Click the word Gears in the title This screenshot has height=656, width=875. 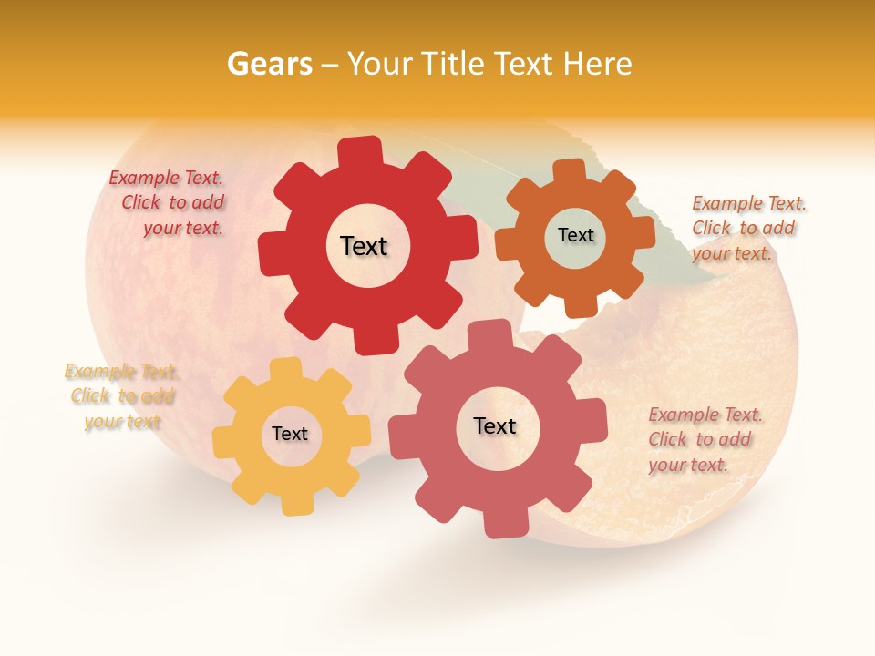click(269, 65)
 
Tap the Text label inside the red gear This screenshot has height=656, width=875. click(364, 246)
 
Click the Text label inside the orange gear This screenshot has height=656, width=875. click(575, 235)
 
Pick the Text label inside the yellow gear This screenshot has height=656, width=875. click(290, 435)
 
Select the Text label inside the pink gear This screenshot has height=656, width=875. click(495, 426)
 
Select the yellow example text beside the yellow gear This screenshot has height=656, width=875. click(122, 396)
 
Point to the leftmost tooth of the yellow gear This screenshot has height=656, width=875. click(224, 441)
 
